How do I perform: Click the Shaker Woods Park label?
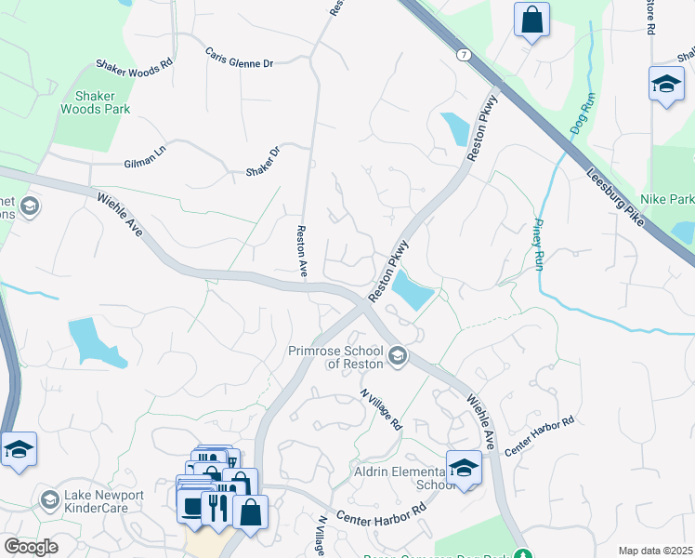(95, 101)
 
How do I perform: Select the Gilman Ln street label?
(144, 162)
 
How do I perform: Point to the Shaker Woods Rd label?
(135, 65)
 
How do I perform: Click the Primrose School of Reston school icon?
(398, 356)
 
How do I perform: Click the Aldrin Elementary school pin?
(463, 468)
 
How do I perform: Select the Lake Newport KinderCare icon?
(49, 501)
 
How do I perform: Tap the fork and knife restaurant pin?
(216, 508)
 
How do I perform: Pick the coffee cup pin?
(192, 508)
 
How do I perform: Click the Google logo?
(31, 547)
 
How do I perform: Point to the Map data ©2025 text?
(654, 551)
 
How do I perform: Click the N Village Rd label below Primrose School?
(382, 409)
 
